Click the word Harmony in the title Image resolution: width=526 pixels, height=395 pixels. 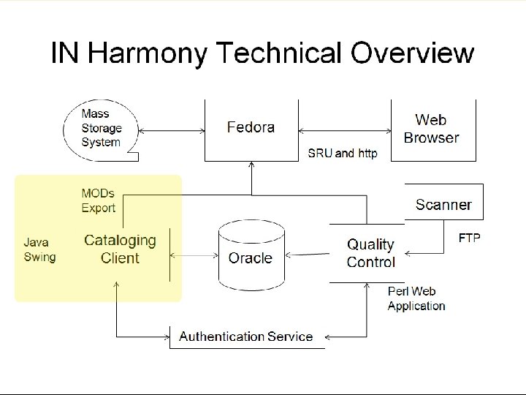(x=147, y=54)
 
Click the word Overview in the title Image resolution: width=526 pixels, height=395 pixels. (x=413, y=54)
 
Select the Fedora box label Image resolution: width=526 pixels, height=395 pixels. (x=251, y=127)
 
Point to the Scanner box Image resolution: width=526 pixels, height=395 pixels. (x=443, y=205)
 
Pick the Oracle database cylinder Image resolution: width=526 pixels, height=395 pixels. (x=250, y=257)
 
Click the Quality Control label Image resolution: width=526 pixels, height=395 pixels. (x=370, y=252)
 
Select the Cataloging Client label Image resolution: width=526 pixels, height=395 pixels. (x=121, y=249)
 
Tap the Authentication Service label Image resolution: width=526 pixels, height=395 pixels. (x=246, y=337)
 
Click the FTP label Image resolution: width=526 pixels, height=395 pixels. (x=469, y=239)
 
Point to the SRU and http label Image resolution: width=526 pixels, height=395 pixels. (x=341, y=154)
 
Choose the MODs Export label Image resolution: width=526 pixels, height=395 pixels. (x=99, y=201)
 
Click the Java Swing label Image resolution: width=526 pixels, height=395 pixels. (x=39, y=249)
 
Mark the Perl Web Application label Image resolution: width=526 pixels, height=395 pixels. (x=416, y=299)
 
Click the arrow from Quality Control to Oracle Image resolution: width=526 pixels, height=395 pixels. (x=308, y=257)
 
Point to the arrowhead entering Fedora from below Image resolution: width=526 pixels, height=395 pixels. (x=251, y=166)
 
